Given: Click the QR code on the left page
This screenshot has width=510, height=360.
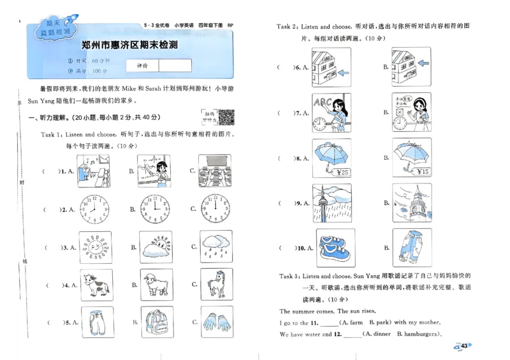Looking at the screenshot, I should (x=226, y=117).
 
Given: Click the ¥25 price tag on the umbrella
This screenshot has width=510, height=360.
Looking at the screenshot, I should (x=343, y=172).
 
